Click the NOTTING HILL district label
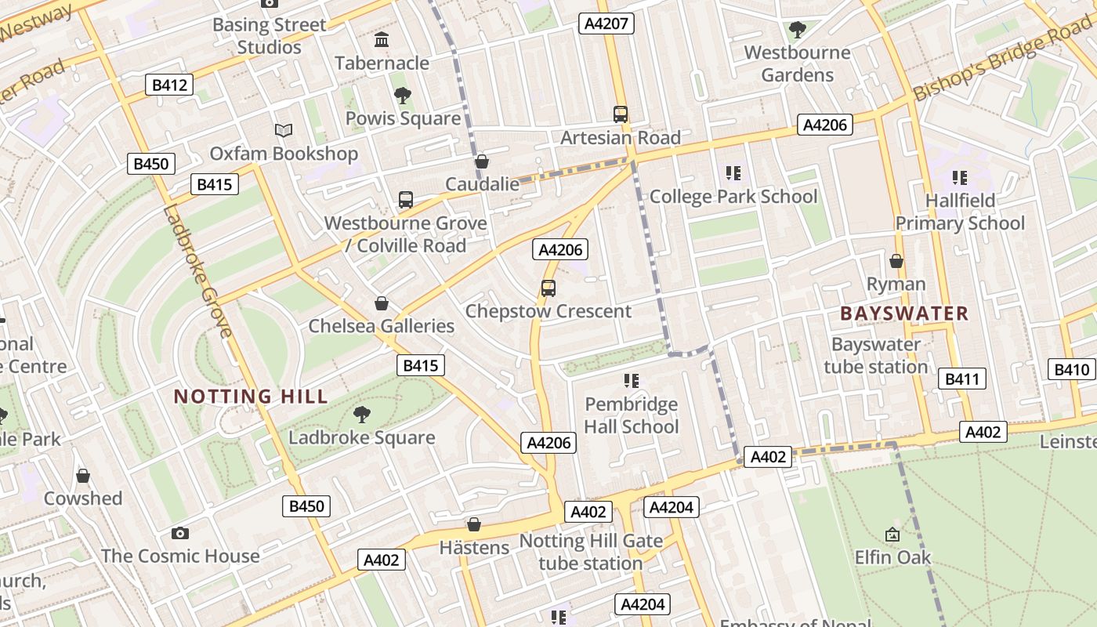click(x=251, y=397)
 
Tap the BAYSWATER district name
click(x=904, y=313)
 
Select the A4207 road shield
click(x=606, y=24)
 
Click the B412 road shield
click(x=169, y=85)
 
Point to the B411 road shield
click(x=961, y=379)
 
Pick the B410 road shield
click(x=1071, y=370)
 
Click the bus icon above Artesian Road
click(x=621, y=114)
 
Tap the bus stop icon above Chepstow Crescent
click(x=548, y=288)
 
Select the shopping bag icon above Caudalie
click(x=482, y=162)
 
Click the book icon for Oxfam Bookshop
click(x=283, y=131)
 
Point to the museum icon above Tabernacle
click(x=382, y=40)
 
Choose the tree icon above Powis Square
click(x=403, y=96)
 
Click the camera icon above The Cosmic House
click(x=180, y=534)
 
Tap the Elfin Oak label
click(x=892, y=557)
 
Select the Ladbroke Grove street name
click(x=197, y=271)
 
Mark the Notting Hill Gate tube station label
click(x=591, y=552)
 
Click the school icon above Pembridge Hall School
click(x=632, y=381)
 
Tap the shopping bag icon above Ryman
click(x=896, y=261)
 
